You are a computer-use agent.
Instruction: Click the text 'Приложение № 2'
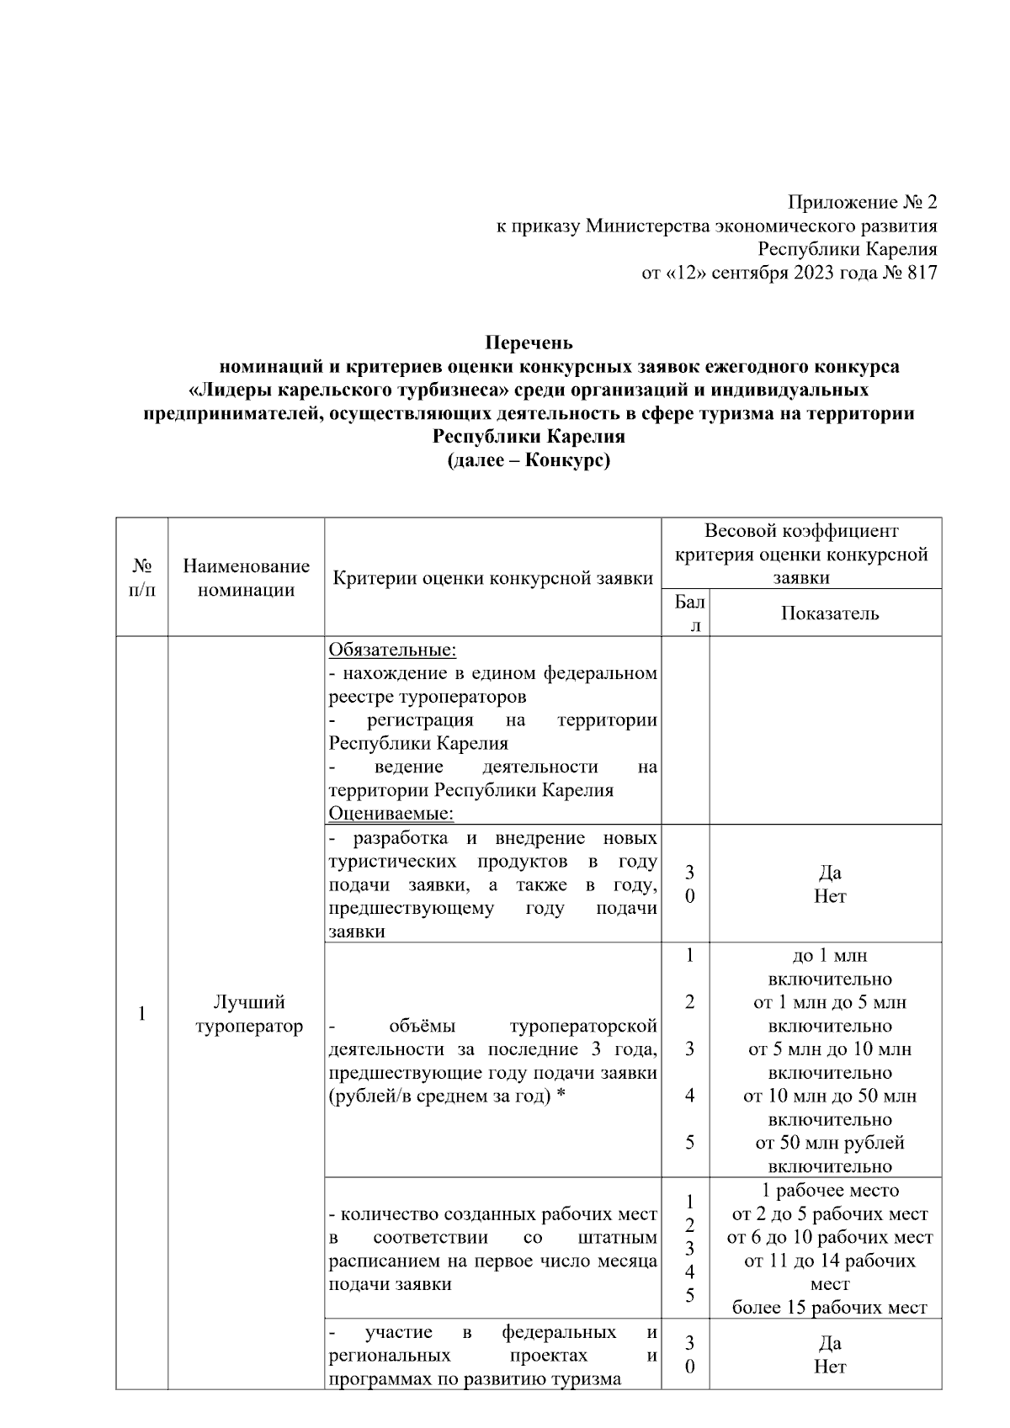pyautogui.click(x=862, y=203)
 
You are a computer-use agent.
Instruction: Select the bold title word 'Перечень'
pyautogui.click(x=529, y=342)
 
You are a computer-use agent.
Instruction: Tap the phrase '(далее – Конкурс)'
pyautogui.click(x=529, y=460)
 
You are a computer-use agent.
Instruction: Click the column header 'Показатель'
pyautogui.click(x=829, y=613)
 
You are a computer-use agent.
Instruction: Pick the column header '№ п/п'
pyautogui.click(x=142, y=577)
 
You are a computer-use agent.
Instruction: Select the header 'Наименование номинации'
pyautogui.click(x=246, y=578)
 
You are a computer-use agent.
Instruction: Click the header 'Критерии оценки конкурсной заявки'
pyautogui.click(x=493, y=578)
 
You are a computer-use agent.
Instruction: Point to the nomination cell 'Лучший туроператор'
pyautogui.click(x=248, y=1014)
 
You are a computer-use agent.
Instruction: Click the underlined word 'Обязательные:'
pyautogui.click(x=392, y=650)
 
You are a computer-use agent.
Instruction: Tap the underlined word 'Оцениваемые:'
pyautogui.click(x=391, y=814)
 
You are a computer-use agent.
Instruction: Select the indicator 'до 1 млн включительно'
pyautogui.click(x=829, y=968)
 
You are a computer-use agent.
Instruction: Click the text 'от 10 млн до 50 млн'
pyautogui.click(x=829, y=1096)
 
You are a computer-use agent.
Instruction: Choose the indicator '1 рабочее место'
pyautogui.click(x=829, y=1191)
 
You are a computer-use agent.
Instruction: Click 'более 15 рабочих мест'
pyautogui.click(x=829, y=1308)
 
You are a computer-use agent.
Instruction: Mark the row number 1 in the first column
pyautogui.click(x=142, y=1014)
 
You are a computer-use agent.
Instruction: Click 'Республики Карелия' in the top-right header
pyautogui.click(x=847, y=250)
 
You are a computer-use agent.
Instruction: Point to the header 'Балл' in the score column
pyautogui.click(x=689, y=613)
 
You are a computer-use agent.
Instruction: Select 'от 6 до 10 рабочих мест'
pyautogui.click(x=829, y=1238)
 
